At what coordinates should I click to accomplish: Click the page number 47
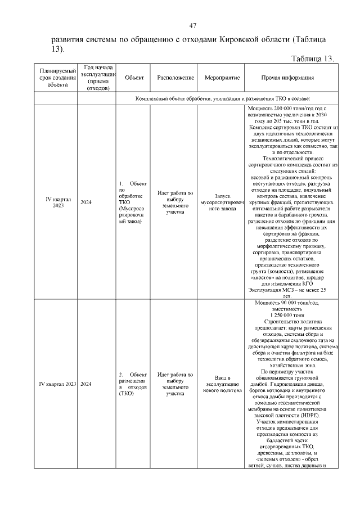192,26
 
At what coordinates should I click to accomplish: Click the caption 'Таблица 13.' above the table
313,59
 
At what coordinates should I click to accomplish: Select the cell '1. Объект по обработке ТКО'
133,202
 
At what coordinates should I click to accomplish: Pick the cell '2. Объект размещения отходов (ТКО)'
133,384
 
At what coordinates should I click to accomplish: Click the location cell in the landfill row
175,384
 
